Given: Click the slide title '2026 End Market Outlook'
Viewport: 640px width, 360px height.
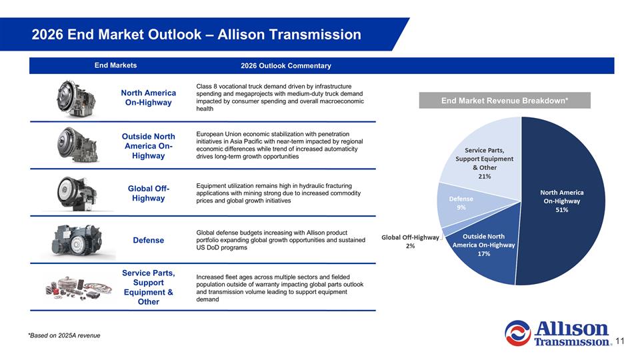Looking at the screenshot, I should [196, 35].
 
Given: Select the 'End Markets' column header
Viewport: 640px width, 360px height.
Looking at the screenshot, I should [115, 65].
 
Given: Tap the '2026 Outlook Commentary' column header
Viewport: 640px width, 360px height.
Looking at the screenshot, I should [285, 65].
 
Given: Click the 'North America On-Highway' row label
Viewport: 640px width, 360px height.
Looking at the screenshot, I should [148, 97].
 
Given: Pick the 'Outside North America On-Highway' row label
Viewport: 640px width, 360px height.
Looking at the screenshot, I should [148, 147].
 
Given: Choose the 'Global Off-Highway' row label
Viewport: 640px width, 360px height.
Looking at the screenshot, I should [148, 193].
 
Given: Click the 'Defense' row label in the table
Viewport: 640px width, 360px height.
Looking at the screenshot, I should [148, 240].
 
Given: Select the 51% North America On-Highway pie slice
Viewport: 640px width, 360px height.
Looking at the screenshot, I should [563, 200].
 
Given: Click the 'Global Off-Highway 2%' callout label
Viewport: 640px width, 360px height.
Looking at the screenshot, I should [411, 241].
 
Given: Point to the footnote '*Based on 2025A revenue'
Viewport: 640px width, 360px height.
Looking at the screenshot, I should [64, 335].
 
